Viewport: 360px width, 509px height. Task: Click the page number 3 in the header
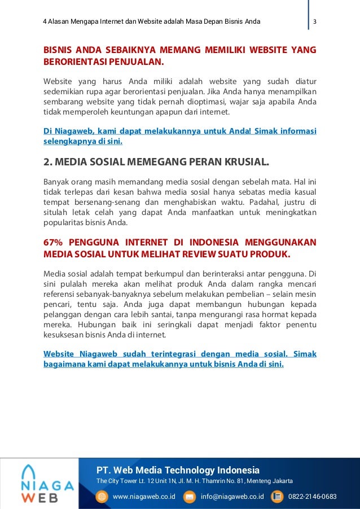click(315, 22)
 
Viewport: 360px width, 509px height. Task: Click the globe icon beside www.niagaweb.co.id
click(102, 497)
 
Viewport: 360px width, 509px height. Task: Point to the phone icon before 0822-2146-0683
click(277, 497)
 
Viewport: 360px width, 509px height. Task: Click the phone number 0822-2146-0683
click(312, 497)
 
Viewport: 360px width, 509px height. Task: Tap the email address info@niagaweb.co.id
click(232, 497)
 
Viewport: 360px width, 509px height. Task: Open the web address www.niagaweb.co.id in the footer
click(144, 497)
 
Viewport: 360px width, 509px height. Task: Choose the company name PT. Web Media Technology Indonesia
click(178, 470)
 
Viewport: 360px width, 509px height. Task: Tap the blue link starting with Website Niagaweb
click(179, 359)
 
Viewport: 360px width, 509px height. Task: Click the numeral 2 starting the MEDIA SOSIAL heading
click(47, 164)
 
